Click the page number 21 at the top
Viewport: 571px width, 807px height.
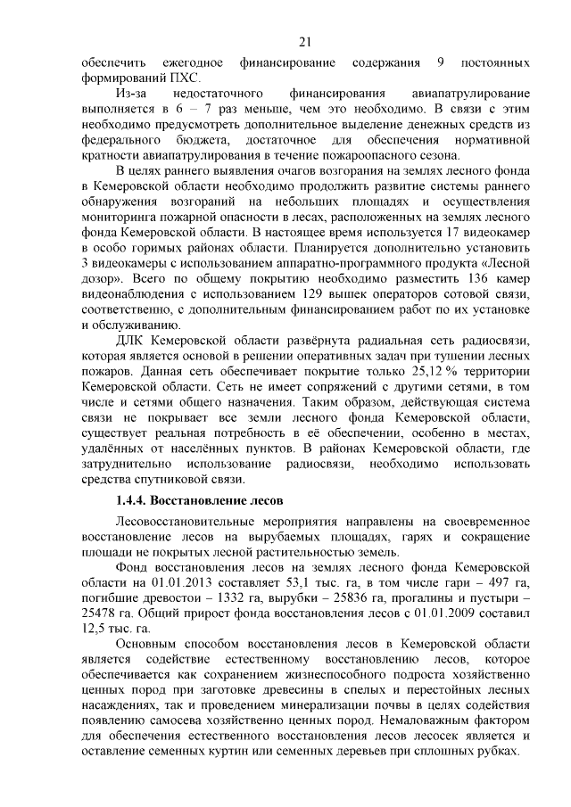tap(303, 41)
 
